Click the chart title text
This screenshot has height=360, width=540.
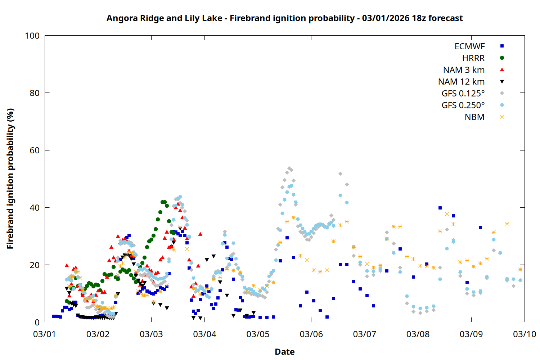click(284, 18)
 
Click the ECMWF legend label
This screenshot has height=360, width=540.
click(469, 46)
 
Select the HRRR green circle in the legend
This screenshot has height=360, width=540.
click(502, 58)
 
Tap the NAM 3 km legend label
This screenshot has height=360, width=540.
click(464, 70)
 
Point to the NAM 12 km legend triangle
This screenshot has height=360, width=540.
click(502, 82)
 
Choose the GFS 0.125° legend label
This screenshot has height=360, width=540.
click(463, 94)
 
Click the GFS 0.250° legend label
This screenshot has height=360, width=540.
click(463, 105)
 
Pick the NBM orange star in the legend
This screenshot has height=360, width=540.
click(502, 117)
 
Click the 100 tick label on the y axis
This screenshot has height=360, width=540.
click(32, 36)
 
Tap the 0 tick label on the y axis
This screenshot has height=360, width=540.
click(37, 322)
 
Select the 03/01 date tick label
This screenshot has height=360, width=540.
click(45, 334)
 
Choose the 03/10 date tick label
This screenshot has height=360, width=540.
click(525, 334)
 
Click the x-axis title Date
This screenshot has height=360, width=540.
click(284, 352)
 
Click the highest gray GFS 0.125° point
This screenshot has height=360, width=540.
click(289, 168)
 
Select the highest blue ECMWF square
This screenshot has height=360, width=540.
click(440, 208)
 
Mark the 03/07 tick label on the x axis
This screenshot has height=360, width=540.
click(365, 334)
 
